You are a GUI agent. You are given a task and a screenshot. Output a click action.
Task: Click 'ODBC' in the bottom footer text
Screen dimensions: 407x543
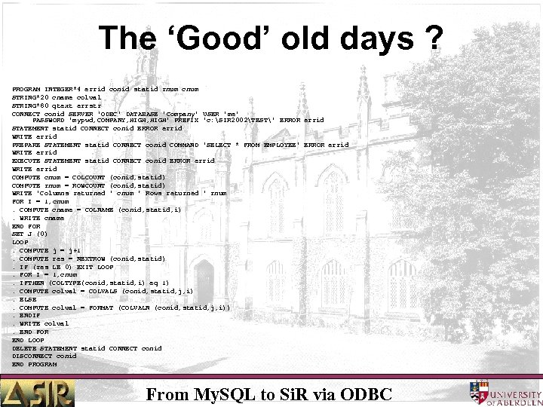click(x=367, y=393)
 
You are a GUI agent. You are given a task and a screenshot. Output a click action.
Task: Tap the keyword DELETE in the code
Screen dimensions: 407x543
click(x=25, y=348)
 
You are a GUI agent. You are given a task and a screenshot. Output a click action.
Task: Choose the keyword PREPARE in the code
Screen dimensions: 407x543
click(x=26, y=145)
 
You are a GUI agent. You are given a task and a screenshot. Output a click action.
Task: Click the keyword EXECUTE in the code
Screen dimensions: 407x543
click(x=26, y=161)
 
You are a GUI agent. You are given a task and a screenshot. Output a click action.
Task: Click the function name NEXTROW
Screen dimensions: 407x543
click(x=89, y=259)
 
